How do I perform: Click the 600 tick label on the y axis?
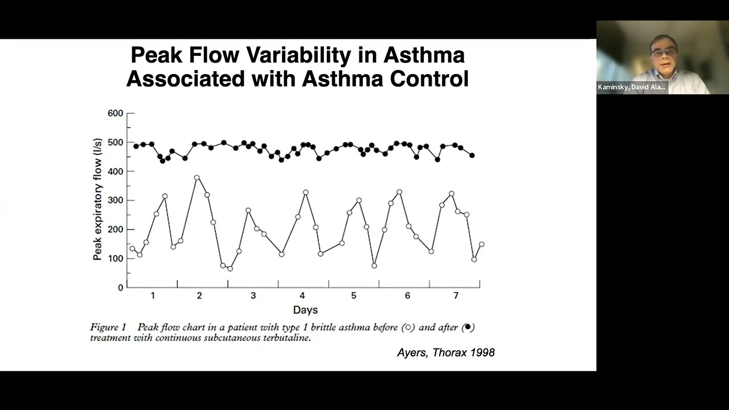pos(115,113)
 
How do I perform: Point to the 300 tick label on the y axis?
pos(115,200)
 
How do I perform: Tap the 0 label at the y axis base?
pos(120,288)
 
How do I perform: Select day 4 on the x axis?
pos(302,296)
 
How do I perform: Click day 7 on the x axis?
pos(456,296)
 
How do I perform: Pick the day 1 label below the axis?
pos(153,296)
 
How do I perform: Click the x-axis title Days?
pos(305,310)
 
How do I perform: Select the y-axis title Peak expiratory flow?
pos(97,199)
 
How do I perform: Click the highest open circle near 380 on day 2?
pos(197,178)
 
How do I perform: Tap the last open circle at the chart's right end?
pos(481,244)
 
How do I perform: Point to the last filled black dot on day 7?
pos(472,155)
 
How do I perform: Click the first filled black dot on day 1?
pos(136,146)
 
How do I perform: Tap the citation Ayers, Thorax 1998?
pos(445,352)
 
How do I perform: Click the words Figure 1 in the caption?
pos(108,327)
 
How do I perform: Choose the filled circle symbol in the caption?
pos(468,327)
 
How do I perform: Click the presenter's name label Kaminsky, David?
pos(631,87)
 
